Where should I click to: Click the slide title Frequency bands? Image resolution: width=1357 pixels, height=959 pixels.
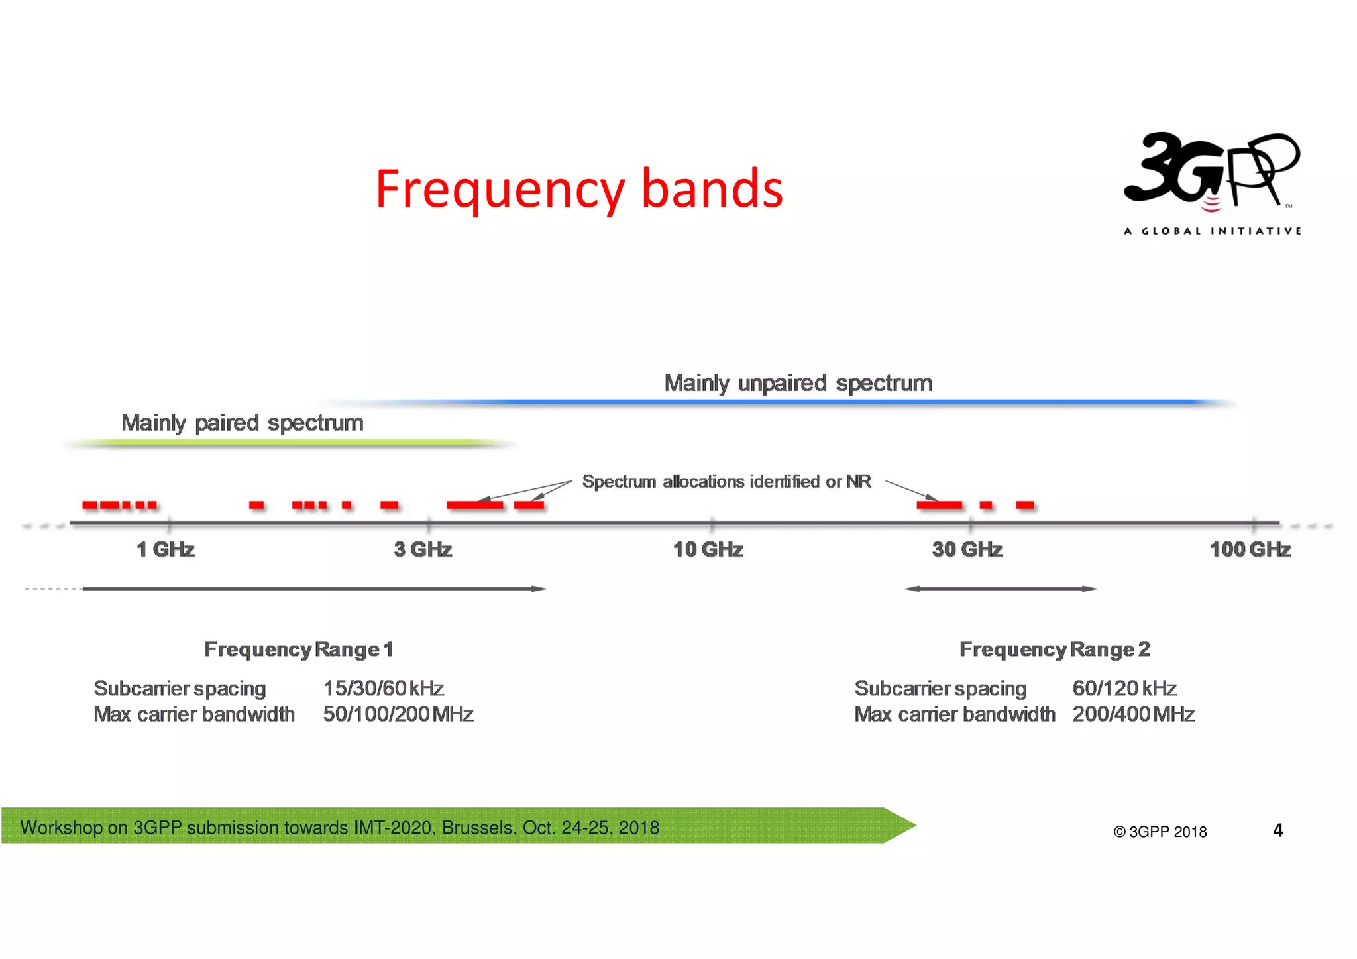(x=579, y=190)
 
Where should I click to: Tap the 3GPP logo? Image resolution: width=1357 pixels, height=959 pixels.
(x=1212, y=182)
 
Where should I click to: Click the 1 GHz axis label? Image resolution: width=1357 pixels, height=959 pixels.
(x=166, y=549)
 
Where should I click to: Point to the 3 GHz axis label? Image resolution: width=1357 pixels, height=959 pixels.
(x=423, y=549)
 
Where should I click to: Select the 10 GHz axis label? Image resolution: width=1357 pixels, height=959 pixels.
(x=708, y=549)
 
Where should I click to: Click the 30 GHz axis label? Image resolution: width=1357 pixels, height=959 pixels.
(x=967, y=549)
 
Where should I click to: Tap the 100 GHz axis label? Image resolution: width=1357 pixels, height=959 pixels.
(x=1250, y=549)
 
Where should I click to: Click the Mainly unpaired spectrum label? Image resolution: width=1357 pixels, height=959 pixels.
(x=798, y=383)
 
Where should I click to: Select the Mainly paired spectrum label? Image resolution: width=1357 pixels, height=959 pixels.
(x=243, y=423)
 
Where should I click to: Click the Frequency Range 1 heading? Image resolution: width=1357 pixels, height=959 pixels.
(x=299, y=649)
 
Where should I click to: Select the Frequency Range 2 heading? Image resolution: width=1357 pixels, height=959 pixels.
(x=1054, y=649)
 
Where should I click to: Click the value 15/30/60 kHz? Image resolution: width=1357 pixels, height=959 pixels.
(x=383, y=689)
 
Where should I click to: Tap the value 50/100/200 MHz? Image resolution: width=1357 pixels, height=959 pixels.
(x=398, y=714)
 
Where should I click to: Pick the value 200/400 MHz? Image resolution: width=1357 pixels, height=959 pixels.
(x=1133, y=714)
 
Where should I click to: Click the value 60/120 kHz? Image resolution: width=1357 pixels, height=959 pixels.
(x=1124, y=689)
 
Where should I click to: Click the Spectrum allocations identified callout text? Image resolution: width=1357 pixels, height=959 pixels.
(x=726, y=481)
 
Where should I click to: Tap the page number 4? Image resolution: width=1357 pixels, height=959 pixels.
(x=1277, y=830)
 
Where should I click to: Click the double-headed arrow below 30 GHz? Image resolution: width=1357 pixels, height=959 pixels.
(x=1001, y=589)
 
